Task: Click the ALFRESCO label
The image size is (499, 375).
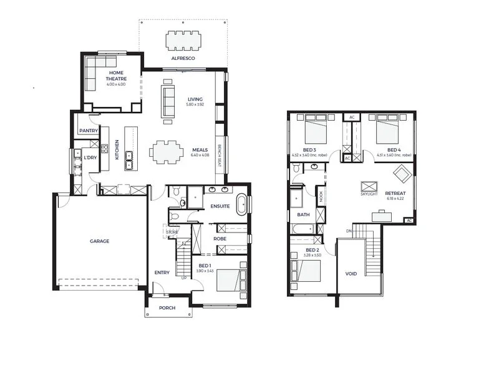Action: click(x=183, y=58)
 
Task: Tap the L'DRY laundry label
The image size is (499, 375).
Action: click(x=90, y=157)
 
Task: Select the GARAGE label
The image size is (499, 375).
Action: click(x=99, y=241)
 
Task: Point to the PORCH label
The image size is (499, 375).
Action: click(x=167, y=308)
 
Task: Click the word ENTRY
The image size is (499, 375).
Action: click(x=162, y=272)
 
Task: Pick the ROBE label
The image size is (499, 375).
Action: click(x=220, y=239)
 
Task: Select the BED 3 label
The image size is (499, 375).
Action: click(x=310, y=150)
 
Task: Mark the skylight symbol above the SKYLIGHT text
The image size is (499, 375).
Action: click(x=369, y=186)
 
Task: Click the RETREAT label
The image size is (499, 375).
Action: click(x=395, y=193)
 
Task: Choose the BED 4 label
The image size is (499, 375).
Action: click(x=394, y=150)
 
